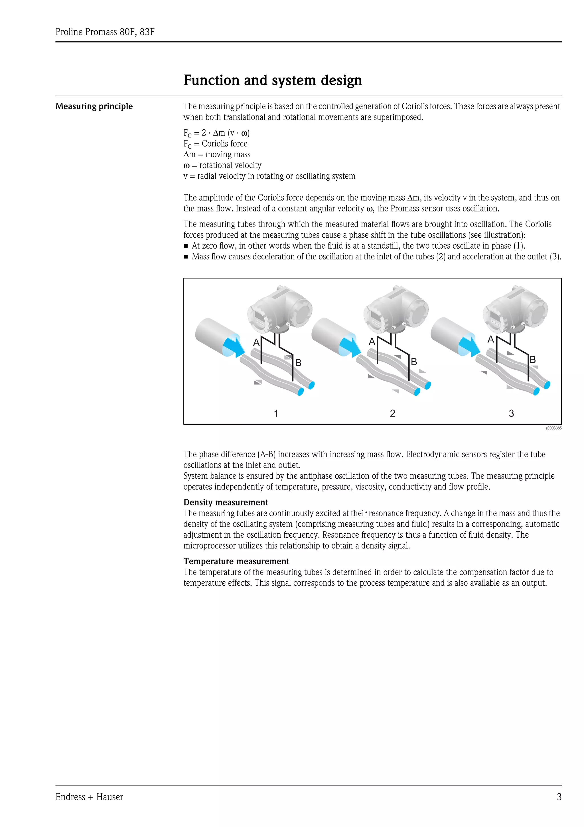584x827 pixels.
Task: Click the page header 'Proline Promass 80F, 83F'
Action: (105, 32)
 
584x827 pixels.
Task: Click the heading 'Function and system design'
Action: (272, 80)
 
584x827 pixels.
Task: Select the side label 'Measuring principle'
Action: (94, 106)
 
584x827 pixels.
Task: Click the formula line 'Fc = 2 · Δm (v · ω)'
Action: (216, 133)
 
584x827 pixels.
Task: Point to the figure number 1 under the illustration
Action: (276, 413)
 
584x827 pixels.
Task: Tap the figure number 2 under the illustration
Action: (393, 413)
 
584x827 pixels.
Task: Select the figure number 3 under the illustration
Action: (511, 413)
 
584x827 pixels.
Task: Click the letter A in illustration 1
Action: (256, 342)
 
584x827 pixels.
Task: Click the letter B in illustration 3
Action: (533, 360)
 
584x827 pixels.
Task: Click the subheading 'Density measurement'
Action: (226, 503)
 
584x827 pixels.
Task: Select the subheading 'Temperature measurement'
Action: (236, 561)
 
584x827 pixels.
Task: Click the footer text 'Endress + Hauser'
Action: (89, 797)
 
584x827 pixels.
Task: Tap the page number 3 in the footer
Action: (559, 797)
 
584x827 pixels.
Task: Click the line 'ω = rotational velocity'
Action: (222, 165)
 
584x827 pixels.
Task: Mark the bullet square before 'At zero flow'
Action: (186, 246)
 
